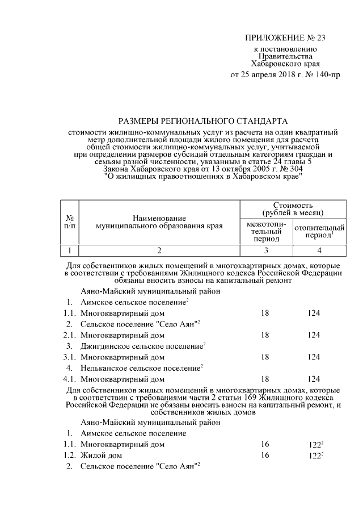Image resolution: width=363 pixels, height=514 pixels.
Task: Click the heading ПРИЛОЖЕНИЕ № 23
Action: [x=285, y=39]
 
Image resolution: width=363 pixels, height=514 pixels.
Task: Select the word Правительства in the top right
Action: [x=285, y=57]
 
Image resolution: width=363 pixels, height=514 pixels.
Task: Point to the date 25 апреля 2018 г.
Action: [x=268, y=74]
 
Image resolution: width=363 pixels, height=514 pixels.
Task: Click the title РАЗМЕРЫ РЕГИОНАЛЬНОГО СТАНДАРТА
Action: [x=202, y=121]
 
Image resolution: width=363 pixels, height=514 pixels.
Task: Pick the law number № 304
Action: [x=292, y=169]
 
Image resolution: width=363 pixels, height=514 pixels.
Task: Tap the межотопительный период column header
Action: [x=265, y=232]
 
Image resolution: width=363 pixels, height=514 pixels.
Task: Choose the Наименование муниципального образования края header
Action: [x=159, y=222]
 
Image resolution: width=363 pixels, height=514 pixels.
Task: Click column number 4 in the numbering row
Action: [x=319, y=250]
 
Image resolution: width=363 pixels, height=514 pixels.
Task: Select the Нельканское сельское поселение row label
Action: [x=141, y=368]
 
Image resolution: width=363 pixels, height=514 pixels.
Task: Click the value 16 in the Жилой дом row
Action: [x=265, y=456]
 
